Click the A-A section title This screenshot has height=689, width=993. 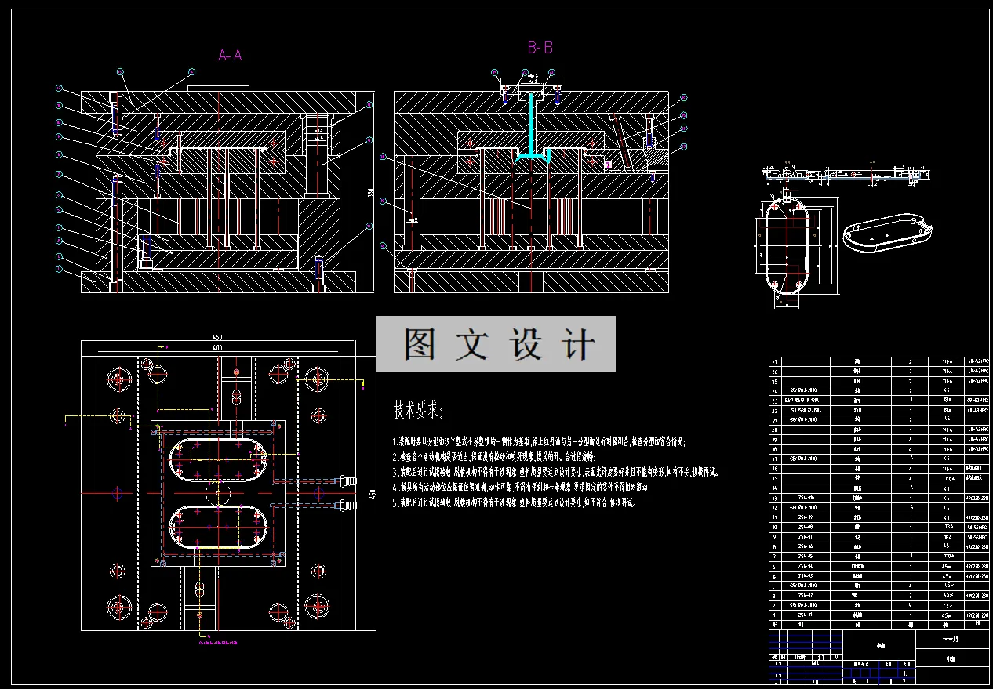230,55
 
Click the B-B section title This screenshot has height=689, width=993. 540,48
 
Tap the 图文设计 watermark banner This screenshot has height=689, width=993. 496,344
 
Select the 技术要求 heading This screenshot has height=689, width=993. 418,410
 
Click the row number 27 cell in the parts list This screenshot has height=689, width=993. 777,362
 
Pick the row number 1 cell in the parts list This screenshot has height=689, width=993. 777,615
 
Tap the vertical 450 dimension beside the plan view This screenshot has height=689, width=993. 373,494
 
